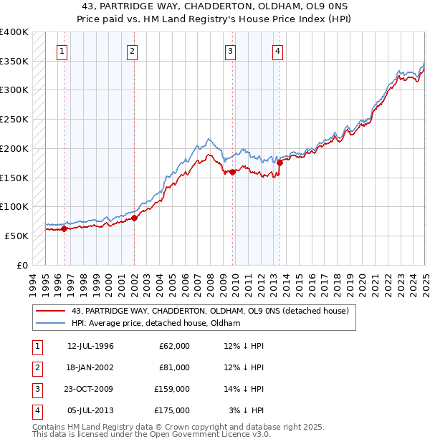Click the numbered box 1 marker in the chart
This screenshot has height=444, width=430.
[64, 51]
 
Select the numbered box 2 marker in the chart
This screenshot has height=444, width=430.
[133, 51]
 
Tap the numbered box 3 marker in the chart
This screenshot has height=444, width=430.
[230, 51]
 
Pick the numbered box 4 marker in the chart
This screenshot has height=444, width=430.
[277, 51]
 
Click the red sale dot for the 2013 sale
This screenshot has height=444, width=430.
[279, 163]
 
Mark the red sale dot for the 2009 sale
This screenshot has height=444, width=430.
[233, 172]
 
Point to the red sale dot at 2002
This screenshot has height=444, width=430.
[135, 218]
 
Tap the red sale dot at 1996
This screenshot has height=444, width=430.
[64, 229]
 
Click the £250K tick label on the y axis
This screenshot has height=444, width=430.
[14, 119]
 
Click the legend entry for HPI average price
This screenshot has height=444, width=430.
[155, 323]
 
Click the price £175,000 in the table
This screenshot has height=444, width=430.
[173, 410]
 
